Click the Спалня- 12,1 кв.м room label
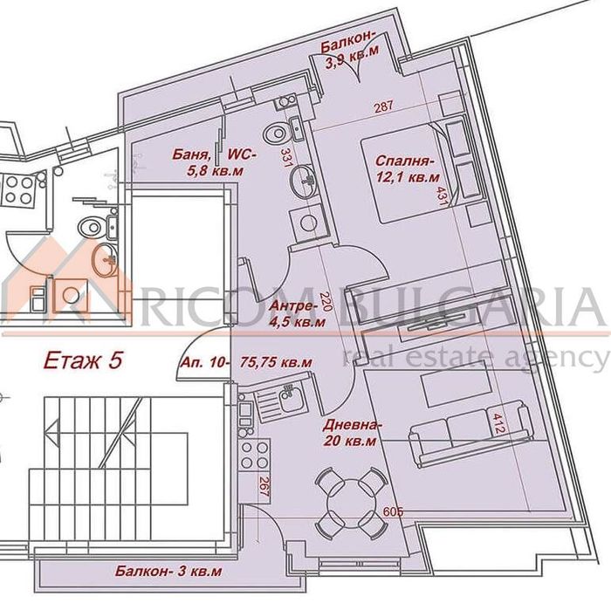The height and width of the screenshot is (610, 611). coord(408,168)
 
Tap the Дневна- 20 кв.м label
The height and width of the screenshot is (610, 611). coord(350,433)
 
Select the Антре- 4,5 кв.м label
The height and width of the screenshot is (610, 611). coord(298,314)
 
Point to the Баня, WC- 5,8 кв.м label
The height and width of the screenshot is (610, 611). coord(214,162)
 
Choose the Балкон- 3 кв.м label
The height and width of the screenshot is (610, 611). coord(168,571)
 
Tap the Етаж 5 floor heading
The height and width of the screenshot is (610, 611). coord(83,360)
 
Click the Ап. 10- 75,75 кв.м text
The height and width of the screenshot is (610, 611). coord(246,362)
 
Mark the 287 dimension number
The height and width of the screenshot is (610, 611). coord(384,106)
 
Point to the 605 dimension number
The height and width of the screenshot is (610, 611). coord(393,511)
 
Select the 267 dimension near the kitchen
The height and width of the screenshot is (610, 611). coord(264,487)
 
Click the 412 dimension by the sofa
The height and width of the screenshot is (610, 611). coord(499,423)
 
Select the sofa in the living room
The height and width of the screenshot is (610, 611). coord(470,435)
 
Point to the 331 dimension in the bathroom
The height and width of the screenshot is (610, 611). coord(287,157)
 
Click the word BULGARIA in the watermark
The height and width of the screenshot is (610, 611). coord(470,307)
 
